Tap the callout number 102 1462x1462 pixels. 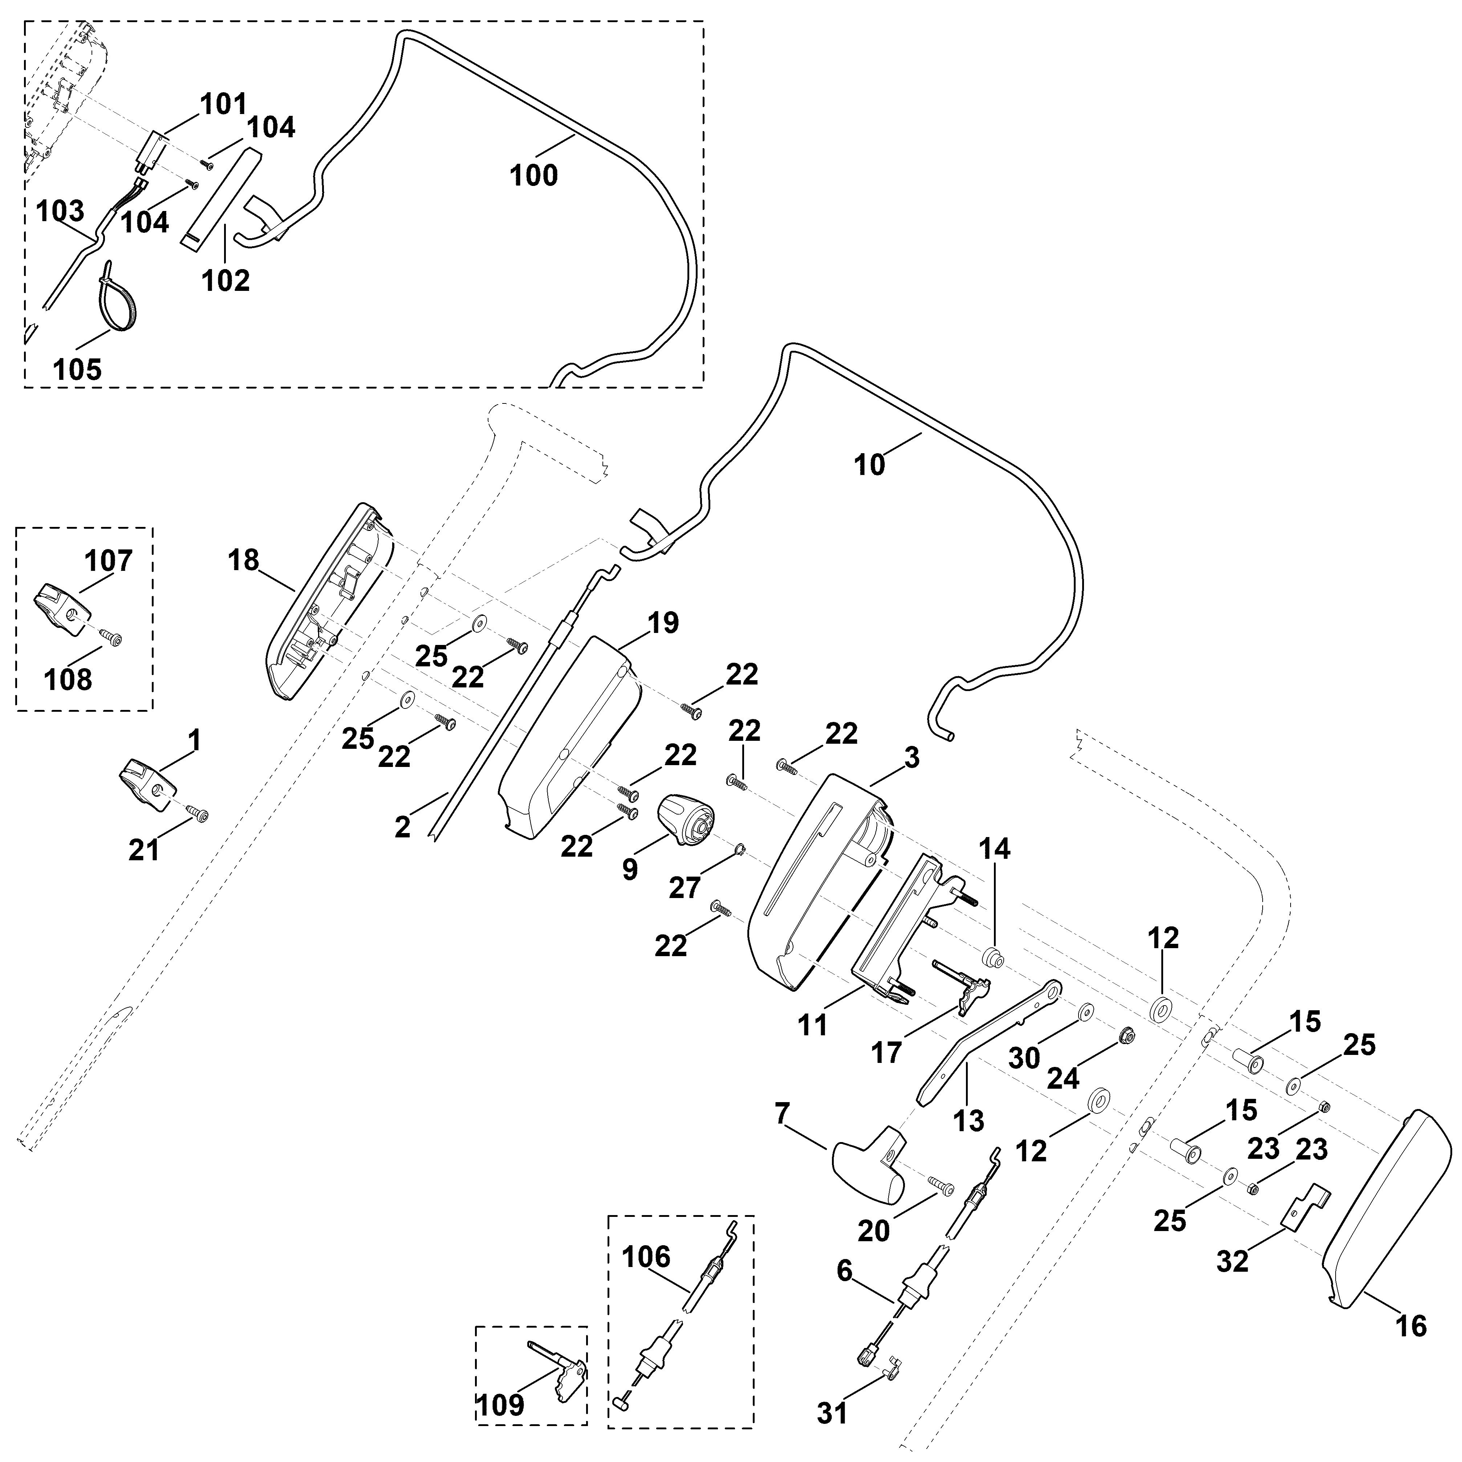tap(226, 281)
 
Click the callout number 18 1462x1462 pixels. tap(243, 561)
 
